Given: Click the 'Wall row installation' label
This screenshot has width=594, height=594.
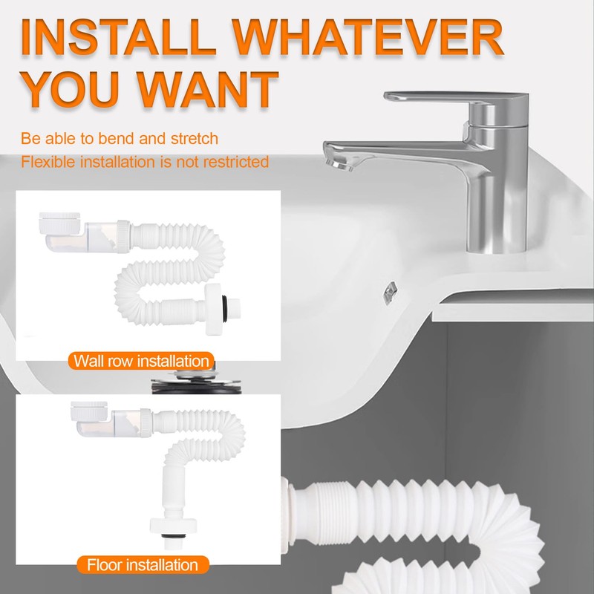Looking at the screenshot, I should [141, 362].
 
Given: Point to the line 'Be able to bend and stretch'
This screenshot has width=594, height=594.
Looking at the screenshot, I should [120, 138].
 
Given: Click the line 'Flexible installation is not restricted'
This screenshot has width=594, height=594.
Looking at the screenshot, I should [145, 161].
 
